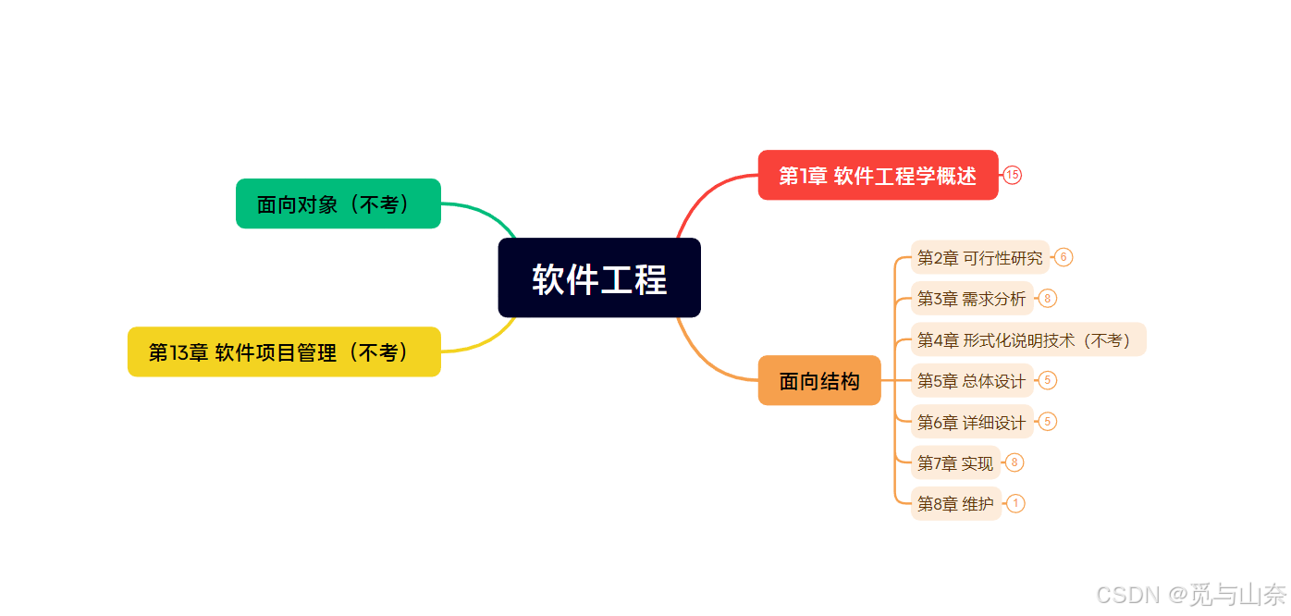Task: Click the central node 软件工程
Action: point(599,278)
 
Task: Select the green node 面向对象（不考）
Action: point(338,203)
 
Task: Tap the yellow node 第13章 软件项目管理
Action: point(284,351)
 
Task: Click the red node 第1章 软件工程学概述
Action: point(878,175)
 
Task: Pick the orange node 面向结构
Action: point(819,380)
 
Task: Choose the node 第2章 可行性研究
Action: point(979,257)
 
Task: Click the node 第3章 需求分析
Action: point(971,298)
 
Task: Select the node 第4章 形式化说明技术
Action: point(1027,339)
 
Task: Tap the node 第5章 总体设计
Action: point(971,380)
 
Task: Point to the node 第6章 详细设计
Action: point(971,422)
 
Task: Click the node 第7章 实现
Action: point(955,462)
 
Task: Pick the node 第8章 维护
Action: point(955,503)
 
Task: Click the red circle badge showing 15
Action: point(1013,175)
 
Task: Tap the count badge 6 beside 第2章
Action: point(1064,257)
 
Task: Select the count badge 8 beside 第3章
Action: point(1047,298)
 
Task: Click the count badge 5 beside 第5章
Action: point(1047,380)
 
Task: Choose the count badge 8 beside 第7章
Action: point(1014,462)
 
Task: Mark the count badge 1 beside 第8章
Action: point(1015,503)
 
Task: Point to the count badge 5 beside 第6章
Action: point(1047,422)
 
